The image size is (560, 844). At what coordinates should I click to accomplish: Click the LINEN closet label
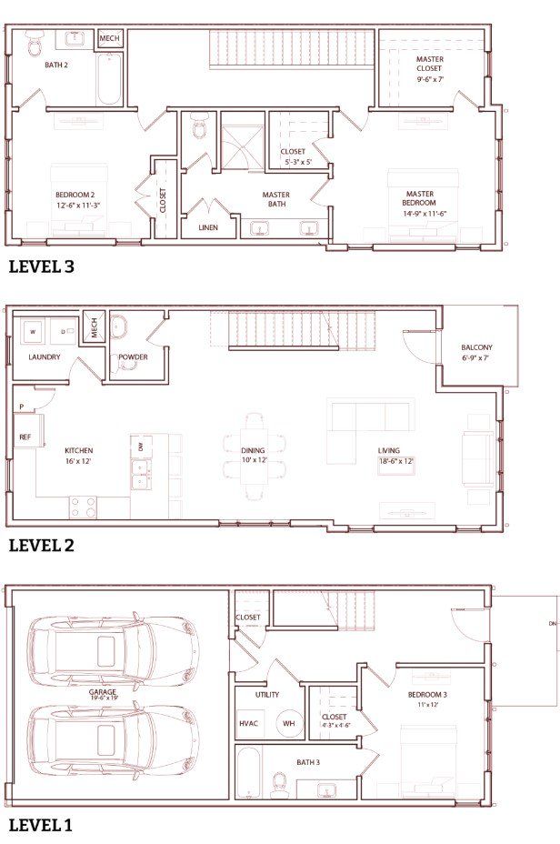coord(208,227)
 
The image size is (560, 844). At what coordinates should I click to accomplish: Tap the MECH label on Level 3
coord(109,38)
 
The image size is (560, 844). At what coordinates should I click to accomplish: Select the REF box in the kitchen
coord(25,437)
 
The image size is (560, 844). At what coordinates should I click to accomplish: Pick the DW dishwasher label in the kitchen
coord(141,447)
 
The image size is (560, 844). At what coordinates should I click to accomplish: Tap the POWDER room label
coord(133,357)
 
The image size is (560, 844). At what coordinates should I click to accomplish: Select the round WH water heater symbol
coord(288,723)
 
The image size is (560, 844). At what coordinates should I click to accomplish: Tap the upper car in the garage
coord(113,651)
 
